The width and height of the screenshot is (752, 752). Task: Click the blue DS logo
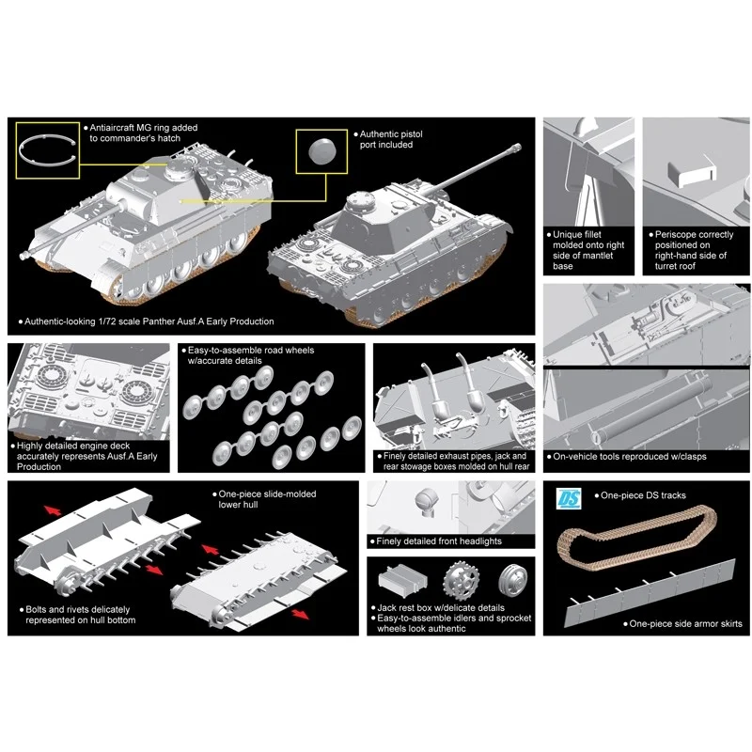(x=569, y=498)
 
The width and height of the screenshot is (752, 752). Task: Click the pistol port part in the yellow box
(x=321, y=150)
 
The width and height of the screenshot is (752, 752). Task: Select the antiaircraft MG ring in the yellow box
(x=47, y=150)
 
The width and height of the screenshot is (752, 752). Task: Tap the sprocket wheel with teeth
(x=461, y=581)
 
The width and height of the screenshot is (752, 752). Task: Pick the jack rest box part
(x=402, y=579)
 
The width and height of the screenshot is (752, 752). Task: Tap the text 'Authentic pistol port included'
(x=391, y=139)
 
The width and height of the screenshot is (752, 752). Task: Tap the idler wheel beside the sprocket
(x=512, y=579)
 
